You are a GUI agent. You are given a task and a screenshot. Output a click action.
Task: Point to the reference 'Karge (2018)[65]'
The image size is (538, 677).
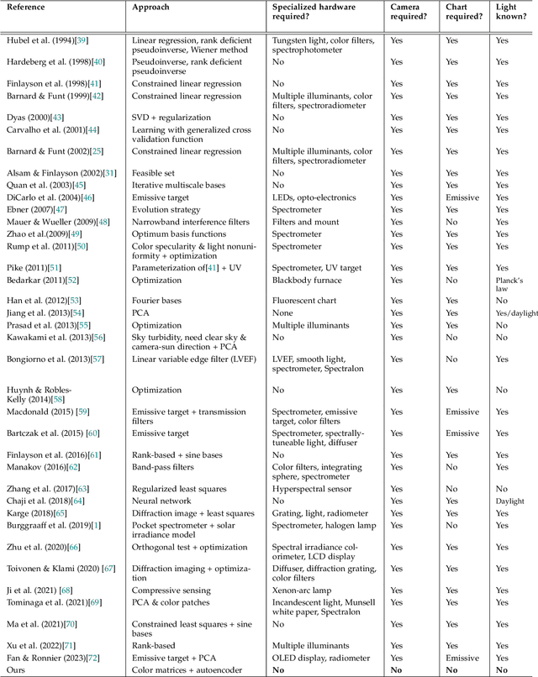(x=35, y=512)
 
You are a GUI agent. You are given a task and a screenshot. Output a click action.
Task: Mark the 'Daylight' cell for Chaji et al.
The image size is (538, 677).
(x=509, y=501)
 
